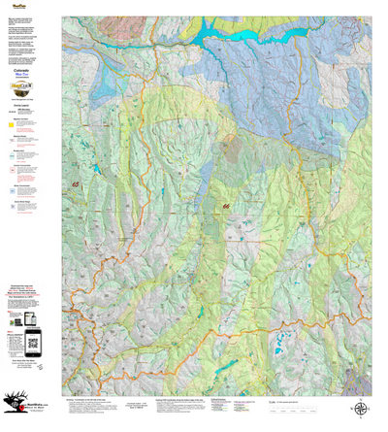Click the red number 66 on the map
pyautogui.click(x=226, y=206)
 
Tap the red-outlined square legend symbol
pyautogui.click(x=11, y=168)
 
